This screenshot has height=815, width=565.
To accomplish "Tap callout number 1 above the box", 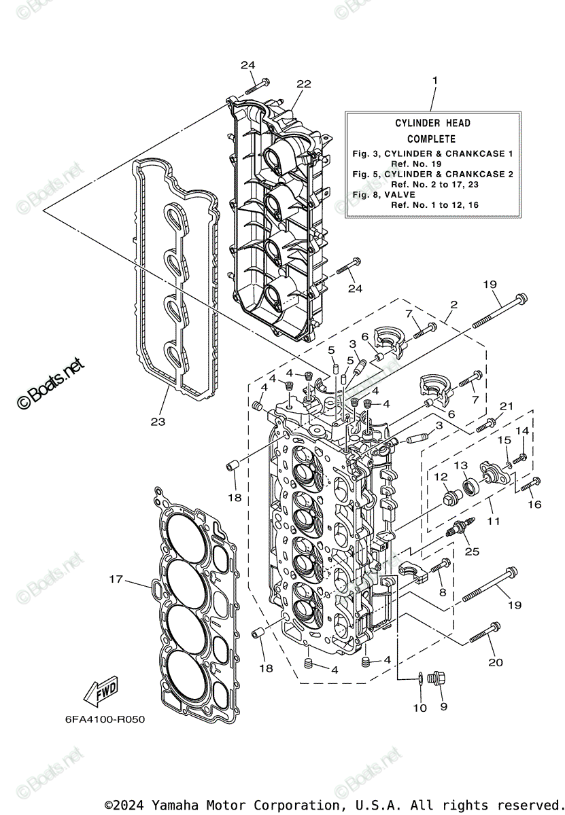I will click(435, 81).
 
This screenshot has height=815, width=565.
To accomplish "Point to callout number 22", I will click(303, 84).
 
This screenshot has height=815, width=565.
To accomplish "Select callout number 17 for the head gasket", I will click(116, 579).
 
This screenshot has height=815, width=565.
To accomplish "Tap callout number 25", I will click(472, 551).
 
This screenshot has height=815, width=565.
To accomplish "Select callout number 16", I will click(534, 505).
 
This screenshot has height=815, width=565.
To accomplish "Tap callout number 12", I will click(441, 477).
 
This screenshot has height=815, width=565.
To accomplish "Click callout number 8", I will click(443, 592).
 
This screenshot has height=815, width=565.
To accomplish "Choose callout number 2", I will click(453, 305).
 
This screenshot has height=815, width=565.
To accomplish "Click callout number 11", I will click(493, 522).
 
